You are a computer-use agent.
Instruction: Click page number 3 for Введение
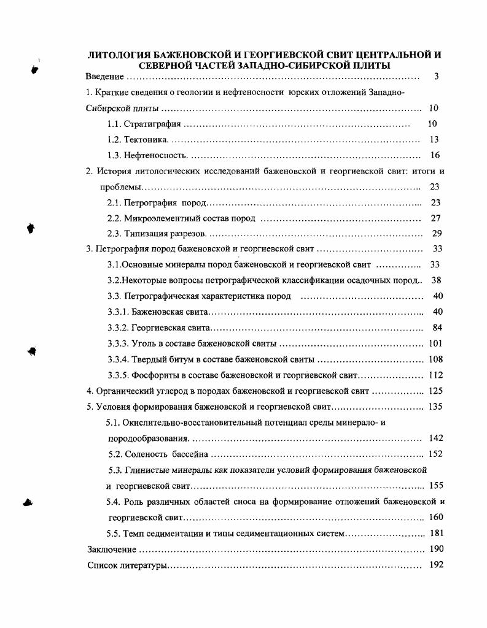[x=435, y=77]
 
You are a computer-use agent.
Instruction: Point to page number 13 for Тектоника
[x=434, y=140]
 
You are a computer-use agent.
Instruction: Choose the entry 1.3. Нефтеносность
[x=147, y=156]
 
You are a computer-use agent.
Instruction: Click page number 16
[x=435, y=156]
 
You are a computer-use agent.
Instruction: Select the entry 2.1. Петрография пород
[x=157, y=203]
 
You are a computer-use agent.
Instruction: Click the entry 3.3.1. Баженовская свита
[x=159, y=312]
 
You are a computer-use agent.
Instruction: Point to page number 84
[x=437, y=327]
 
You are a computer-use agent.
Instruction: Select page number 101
[x=435, y=343]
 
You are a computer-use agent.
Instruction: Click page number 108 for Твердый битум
[x=436, y=359]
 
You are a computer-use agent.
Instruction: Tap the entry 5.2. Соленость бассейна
[x=158, y=454]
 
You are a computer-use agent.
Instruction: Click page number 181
[x=436, y=534]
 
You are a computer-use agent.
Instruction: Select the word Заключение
[x=112, y=549]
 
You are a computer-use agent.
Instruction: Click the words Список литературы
[x=127, y=565]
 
